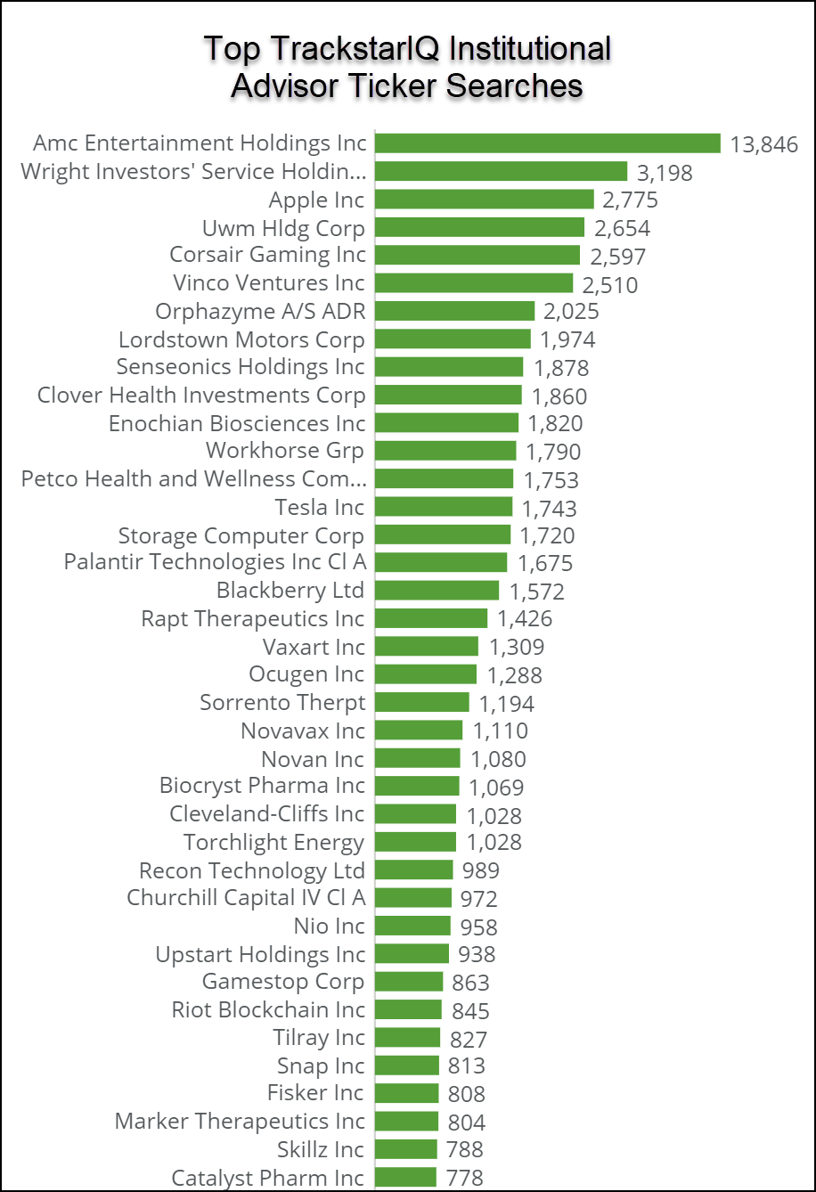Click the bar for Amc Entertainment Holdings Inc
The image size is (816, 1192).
pos(547,143)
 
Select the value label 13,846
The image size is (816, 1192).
pos(763,144)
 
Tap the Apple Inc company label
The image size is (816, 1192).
pos(316,200)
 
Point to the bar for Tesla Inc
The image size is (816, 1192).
pos(444,507)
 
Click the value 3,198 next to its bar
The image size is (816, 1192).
pos(665,173)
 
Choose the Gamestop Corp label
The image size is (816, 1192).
pos(283,982)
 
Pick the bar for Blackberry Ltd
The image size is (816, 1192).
pos(437,591)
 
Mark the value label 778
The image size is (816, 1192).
pos(465,1178)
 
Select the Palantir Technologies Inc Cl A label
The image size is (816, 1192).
pos(215,562)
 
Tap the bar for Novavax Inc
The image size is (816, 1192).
pos(419,731)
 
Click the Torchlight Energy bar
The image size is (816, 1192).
pos(415,842)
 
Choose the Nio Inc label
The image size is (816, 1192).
pos(329,927)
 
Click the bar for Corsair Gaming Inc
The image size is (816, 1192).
pos(477,255)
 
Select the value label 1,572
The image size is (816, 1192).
pos(537,592)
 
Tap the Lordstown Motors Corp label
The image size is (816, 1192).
pos(241,339)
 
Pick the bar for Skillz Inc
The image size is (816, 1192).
pos(406,1149)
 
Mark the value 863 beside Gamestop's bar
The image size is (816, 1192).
pos(471,983)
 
